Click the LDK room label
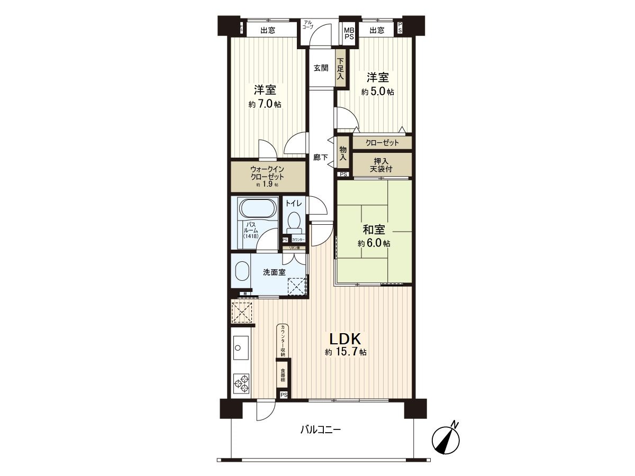346,339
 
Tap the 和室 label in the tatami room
374,230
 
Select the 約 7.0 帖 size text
265,104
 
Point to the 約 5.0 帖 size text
377,91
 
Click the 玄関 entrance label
321,68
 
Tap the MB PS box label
349,33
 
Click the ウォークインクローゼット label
268,173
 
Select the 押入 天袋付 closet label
381,164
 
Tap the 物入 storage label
343,153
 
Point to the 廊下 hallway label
320,157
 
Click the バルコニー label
321,429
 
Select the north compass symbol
446,438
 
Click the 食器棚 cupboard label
283,376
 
